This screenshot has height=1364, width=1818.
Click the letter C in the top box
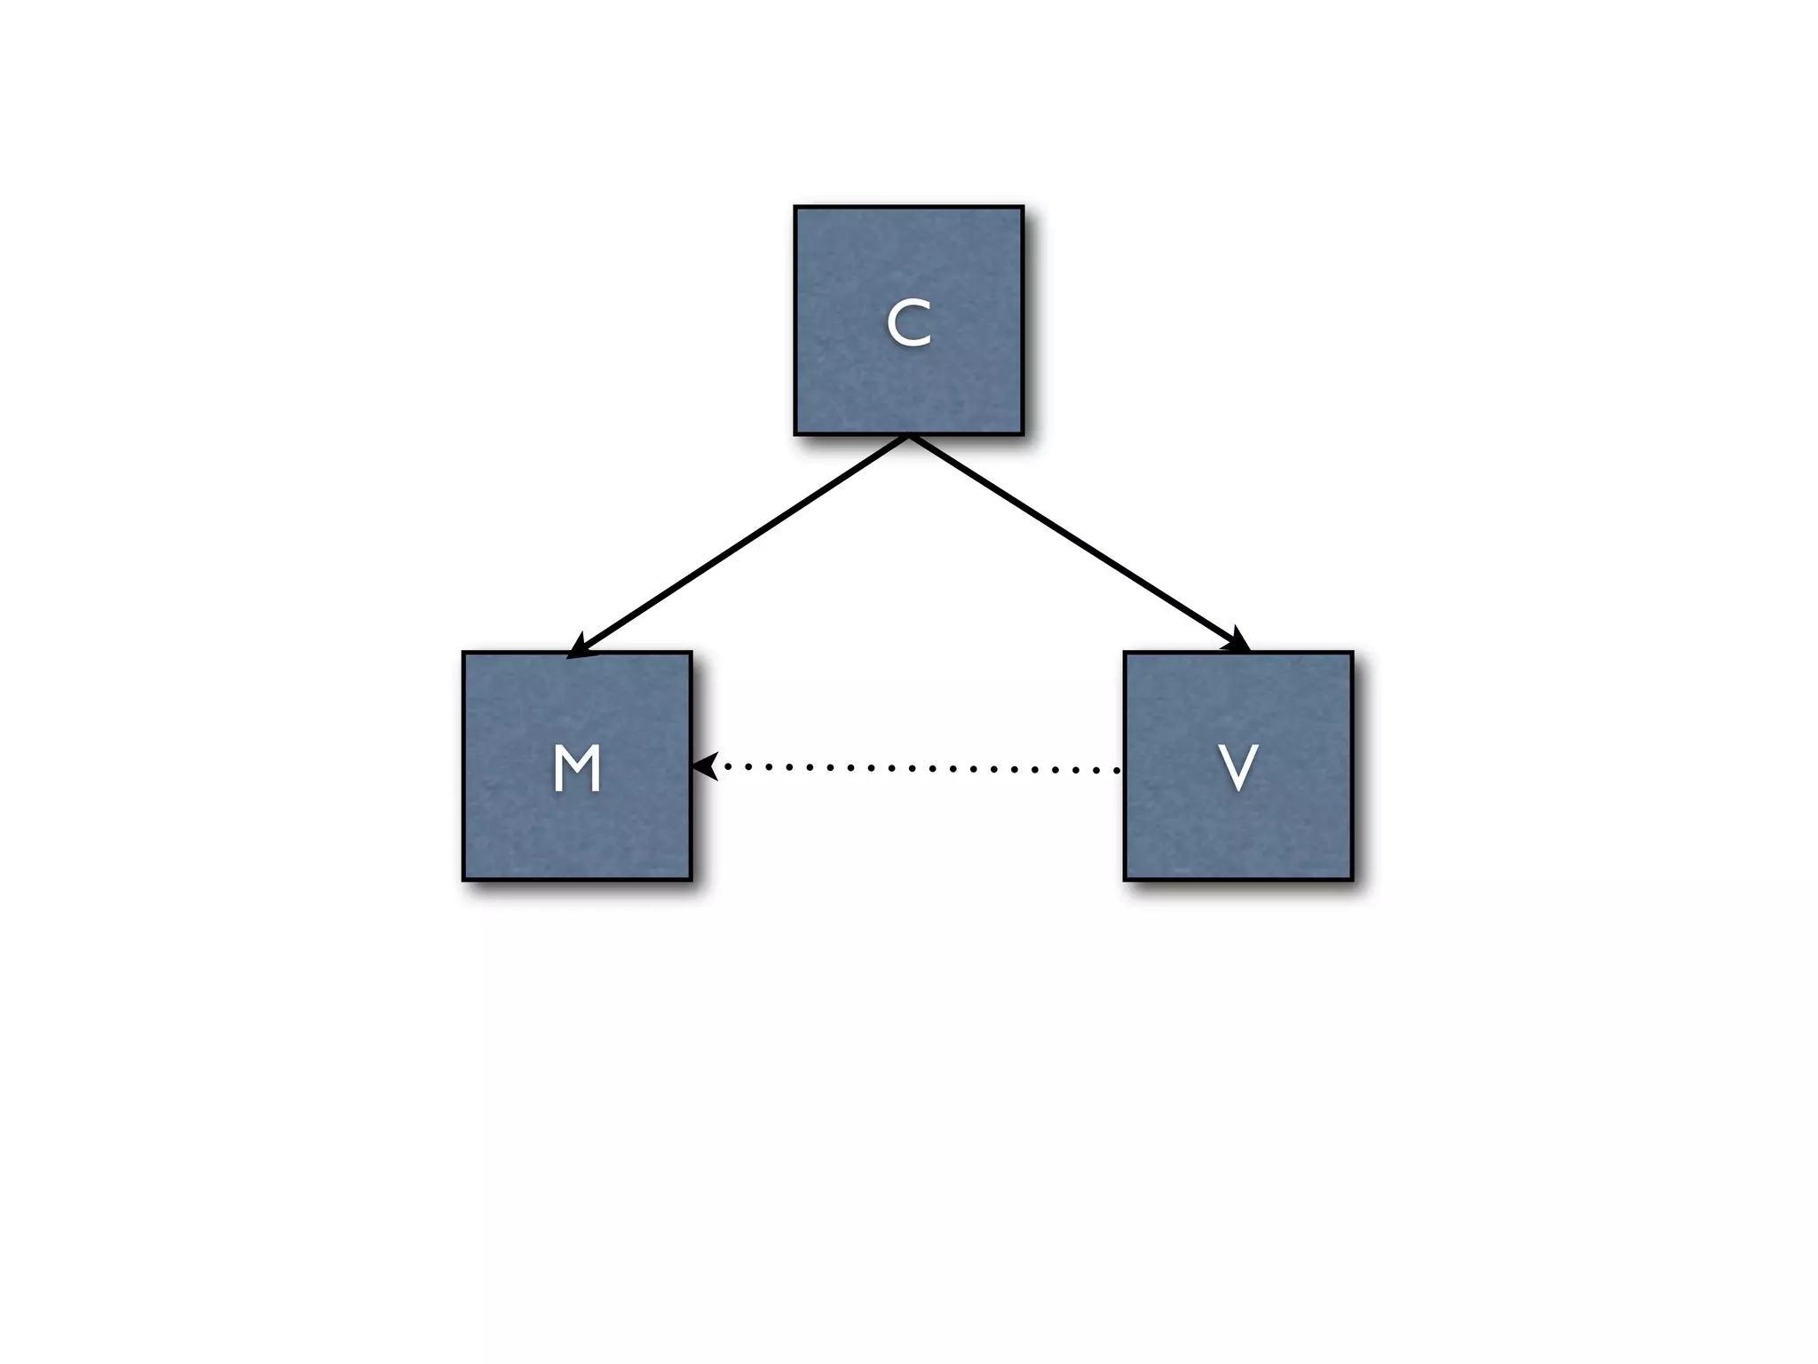pos(909,323)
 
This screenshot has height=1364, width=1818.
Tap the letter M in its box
pos(577,768)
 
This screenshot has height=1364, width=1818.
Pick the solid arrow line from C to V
pos(1074,542)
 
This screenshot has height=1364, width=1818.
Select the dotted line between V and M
pos(914,768)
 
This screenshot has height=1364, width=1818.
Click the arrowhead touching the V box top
pos(1237,641)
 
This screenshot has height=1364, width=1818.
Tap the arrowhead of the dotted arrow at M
pos(705,765)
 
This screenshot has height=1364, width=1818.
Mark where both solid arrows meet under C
pos(909,435)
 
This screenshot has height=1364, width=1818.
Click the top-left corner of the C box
pos(795,208)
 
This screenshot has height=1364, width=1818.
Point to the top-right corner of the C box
pos(1023,208)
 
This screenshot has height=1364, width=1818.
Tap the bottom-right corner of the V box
pos(1352,879)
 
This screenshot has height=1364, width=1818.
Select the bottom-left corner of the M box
pos(464,879)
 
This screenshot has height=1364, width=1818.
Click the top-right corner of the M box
pos(691,654)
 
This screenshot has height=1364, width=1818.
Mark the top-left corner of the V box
pos(1125,654)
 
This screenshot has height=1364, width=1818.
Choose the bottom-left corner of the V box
pos(1125,879)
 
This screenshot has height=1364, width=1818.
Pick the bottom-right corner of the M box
pos(691,879)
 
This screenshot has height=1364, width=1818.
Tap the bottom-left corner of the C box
pos(795,434)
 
